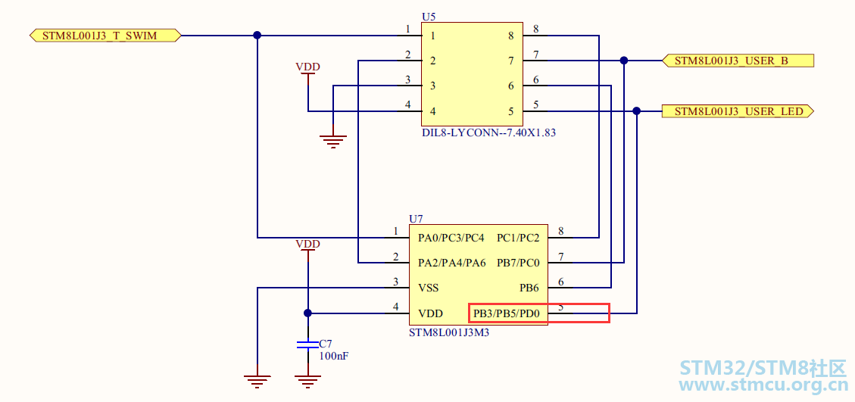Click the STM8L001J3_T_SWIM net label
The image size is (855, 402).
point(105,36)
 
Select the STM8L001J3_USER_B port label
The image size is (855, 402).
point(738,61)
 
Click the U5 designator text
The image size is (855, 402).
point(429,17)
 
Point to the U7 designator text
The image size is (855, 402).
point(416,219)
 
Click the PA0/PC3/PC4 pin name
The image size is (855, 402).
point(451,238)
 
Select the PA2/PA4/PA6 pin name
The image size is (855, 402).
point(451,263)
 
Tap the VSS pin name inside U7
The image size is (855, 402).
point(428,288)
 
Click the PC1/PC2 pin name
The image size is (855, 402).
point(518,238)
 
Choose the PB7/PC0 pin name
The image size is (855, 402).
point(518,263)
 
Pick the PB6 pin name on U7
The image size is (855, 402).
point(529,288)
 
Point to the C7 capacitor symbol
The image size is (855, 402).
point(307,344)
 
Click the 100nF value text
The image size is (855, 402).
point(334,356)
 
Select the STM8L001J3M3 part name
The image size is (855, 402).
point(449,332)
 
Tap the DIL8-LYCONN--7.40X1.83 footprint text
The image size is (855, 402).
point(488,132)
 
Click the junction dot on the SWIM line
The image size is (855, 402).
point(257,36)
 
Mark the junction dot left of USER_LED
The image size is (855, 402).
point(636,111)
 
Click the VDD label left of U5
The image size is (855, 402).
point(307,67)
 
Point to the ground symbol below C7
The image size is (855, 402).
point(307,382)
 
